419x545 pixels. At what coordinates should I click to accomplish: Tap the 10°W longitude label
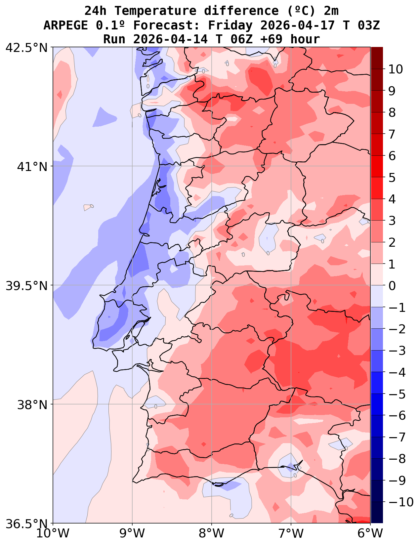[x=53, y=533]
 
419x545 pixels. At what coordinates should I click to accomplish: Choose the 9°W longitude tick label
[x=132, y=533]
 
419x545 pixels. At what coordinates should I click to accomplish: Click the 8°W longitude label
[x=212, y=533]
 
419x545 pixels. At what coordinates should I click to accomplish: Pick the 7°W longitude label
[x=291, y=533]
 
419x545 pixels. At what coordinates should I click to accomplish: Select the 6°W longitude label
[x=370, y=533]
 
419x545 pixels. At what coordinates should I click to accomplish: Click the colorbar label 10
[x=396, y=69]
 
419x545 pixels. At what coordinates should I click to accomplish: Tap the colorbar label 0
[x=392, y=286]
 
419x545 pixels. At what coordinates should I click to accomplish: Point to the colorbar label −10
[x=401, y=502]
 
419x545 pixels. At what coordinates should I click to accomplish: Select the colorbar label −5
[x=397, y=394]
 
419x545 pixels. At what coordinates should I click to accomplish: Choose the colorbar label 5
[x=392, y=178]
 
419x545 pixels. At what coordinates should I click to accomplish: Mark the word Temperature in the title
[x=155, y=11]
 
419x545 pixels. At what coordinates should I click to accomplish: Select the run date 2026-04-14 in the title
[x=170, y=39]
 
